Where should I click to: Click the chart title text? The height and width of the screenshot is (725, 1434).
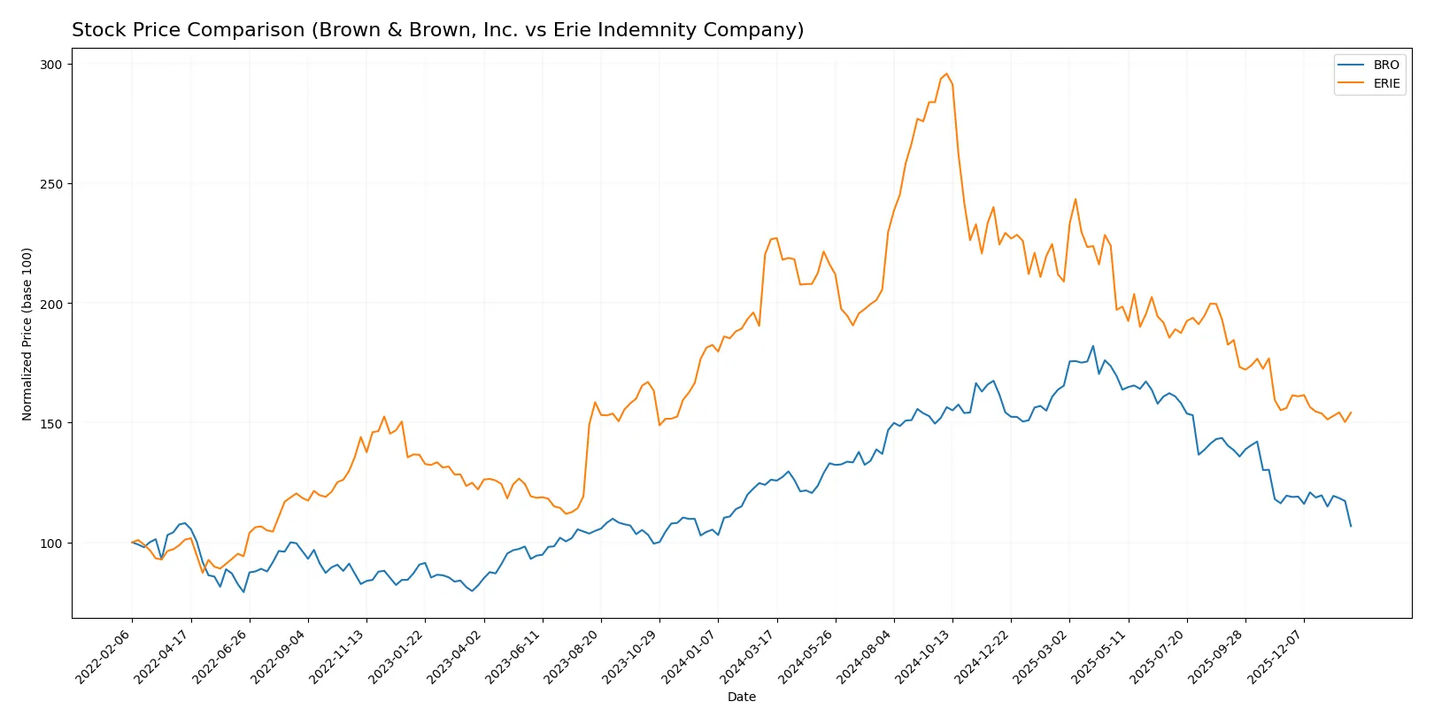(437, 30)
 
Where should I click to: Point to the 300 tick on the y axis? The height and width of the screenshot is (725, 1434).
(50, 65)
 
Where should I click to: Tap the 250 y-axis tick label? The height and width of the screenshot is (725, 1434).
(50, 184)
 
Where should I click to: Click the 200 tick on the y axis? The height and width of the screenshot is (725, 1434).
(50, 304)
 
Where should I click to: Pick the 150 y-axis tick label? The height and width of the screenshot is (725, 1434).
(50, 423)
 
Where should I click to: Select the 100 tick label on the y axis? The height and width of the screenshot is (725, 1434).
(50, 544)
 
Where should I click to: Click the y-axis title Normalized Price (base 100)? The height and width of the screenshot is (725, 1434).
(27, 334)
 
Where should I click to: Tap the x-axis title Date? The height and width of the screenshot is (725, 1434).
(741, 697)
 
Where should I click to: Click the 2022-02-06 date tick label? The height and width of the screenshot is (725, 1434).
(105, 656)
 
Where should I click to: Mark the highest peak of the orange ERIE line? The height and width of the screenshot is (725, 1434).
(946, 73)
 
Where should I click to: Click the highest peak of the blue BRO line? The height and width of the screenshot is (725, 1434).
(1093, 346)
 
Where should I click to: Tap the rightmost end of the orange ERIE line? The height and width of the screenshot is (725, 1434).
(1351, 413)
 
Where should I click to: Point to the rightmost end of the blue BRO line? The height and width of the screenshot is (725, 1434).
(1351, 526)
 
